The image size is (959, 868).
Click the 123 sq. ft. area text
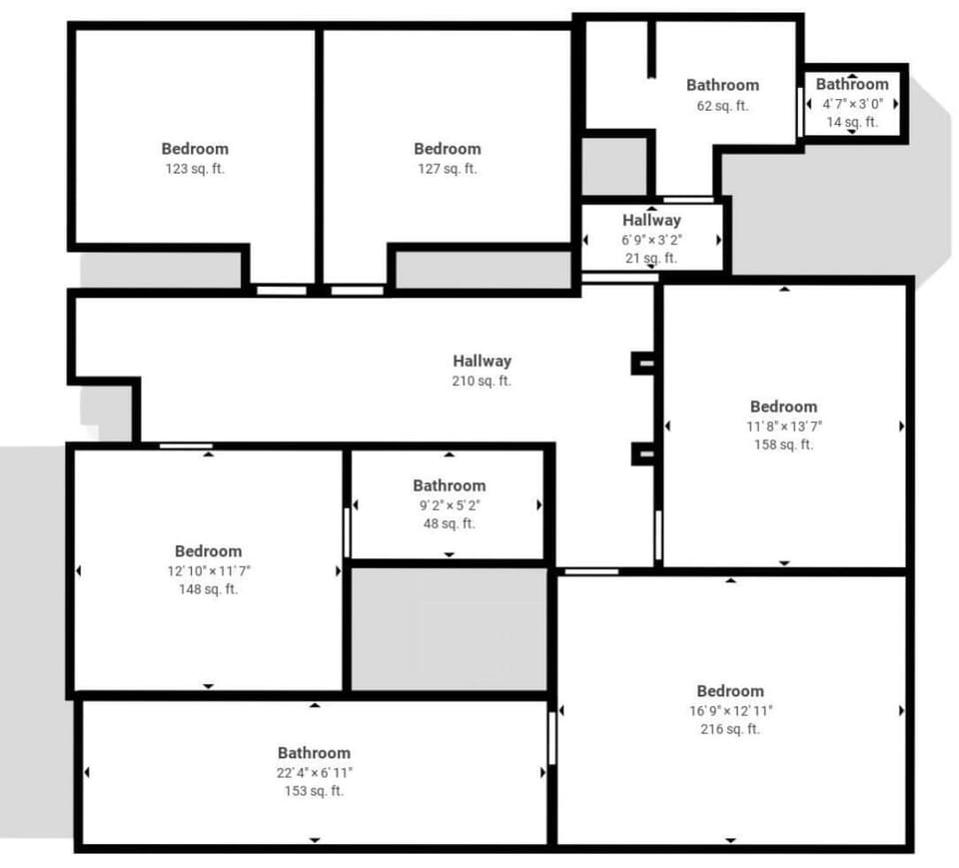tap(195, 169)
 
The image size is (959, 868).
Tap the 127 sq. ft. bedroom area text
tap(448, 169)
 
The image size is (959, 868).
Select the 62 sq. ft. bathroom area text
tap(722, 105)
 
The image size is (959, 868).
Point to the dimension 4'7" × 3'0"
tap(852, 103)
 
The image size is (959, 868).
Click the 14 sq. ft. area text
tap(852, 122)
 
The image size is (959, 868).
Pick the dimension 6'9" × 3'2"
tap(651, 240)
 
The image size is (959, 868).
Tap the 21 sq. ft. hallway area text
tap(651, 258)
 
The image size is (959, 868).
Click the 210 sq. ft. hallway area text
tap(481, 381)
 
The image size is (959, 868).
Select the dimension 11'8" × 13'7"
tap(783, 426)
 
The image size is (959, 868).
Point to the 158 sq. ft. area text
tap(783, 444)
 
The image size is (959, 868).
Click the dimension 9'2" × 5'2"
tap(449, 505)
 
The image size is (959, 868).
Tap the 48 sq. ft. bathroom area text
tap(449, 523)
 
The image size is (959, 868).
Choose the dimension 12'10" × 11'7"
tap(208, 570)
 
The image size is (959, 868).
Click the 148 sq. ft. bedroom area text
tap(208, 589)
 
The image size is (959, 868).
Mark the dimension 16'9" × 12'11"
tap(730, 710)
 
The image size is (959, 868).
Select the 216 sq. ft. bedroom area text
tap(730, 729)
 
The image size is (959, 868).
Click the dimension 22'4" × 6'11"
tap(314, 772)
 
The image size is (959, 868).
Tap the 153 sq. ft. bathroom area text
tap(314, 791)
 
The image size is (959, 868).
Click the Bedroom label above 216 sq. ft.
tap(730, 691)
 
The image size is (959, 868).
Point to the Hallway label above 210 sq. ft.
tap(481, 362)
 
